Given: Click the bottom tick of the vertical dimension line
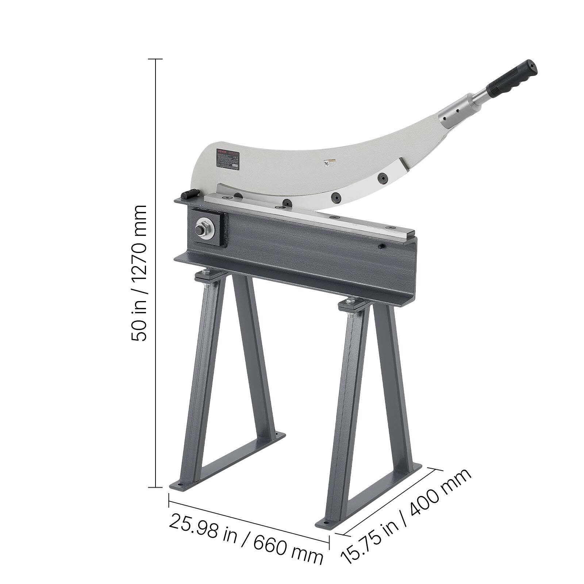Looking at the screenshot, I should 156,487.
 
